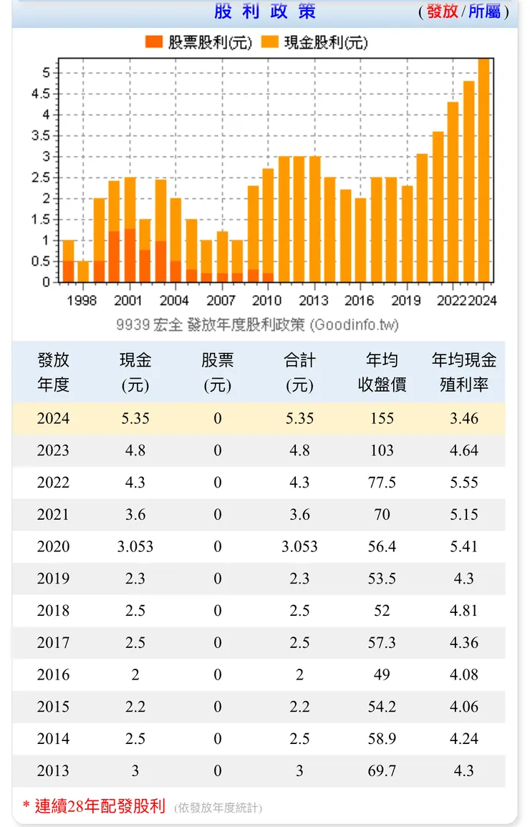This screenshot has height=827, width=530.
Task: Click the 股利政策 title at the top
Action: tap(264, 12)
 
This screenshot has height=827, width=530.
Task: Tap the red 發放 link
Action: tap(442, 12)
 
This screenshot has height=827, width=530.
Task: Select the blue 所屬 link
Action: tap(484, 12)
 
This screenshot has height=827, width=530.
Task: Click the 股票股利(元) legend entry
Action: tap(198, 42)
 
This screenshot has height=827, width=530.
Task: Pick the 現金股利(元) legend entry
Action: tap(314, 42)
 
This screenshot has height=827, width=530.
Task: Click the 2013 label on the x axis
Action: tap(314, 301)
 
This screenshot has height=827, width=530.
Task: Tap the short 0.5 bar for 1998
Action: tap(83, 271)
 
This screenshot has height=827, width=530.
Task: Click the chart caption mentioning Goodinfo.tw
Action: tap(257, 324)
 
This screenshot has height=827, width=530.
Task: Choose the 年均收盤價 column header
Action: tap(382, 372)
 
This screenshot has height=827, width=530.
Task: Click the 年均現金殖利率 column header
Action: tap(463, 372)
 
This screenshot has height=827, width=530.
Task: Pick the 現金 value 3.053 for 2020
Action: tap(135, 547)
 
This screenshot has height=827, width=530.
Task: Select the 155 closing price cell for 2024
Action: tap(382, 419)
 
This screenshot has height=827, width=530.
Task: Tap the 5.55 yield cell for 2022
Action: tap(463, 483)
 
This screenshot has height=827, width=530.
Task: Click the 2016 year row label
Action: tap(54, 675)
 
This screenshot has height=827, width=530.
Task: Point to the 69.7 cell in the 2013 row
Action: tap(382, 771)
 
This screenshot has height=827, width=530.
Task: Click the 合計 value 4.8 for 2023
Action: tap(299, 451)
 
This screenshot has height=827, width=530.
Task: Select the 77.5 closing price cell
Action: tap(382, 483)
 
